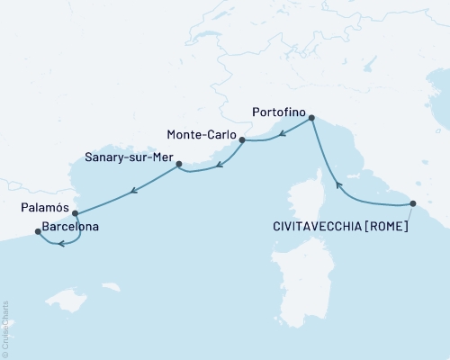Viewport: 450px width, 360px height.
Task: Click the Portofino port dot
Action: pyautogui.click(x=311, y=118)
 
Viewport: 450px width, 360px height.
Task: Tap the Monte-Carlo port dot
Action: pyautogui.click(x=242, y=139)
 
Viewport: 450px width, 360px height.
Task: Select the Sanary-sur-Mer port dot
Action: pyautogui.click(x=178, y=164)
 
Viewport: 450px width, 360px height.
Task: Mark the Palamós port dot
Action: pyautogui.click(x=75, y=214)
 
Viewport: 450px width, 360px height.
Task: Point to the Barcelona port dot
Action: pyautogui.click(x=37, y=231)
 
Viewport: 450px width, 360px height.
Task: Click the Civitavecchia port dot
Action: pyautogui.click(x=413, y=203)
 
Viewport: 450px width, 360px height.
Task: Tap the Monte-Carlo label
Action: pyautogui.click(x=202, y=135)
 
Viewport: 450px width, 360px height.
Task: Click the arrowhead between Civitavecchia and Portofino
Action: pyautogui.click(x=338, y=185)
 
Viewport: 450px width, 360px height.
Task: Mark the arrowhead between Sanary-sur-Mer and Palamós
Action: pyautogui.click(x=133, y=190)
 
